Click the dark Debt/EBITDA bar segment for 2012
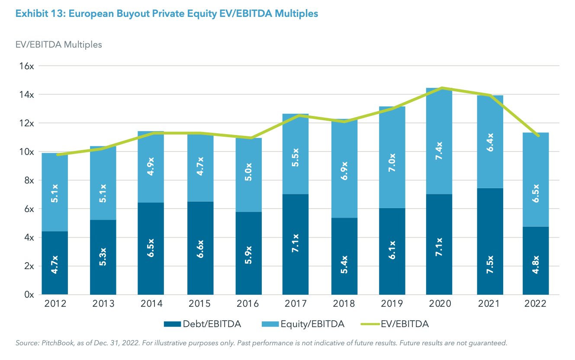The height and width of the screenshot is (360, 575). [55, 263]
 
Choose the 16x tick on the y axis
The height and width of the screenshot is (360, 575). [26, 66]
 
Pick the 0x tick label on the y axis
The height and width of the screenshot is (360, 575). [29, 295]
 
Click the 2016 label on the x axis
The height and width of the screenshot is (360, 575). [249, 304]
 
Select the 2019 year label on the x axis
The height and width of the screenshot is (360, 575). [392, 304]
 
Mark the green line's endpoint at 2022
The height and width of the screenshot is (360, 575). [539, 136]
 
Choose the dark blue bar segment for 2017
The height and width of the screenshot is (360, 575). [296, 244]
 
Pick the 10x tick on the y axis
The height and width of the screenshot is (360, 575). [26, 152]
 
